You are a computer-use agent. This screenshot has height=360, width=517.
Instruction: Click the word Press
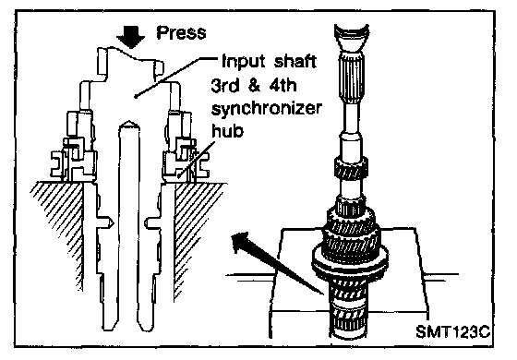(181, 32)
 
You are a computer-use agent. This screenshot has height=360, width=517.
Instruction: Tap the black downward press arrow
(130, 36)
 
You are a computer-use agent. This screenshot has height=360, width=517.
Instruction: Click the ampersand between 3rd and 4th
(253, 85)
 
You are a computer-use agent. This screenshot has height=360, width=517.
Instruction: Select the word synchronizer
(267, 109)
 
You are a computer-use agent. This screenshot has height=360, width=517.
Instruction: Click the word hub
(227, 130)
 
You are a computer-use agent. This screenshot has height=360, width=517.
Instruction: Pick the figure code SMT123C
(452, 331)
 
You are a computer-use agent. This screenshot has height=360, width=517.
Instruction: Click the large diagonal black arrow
(276, 261)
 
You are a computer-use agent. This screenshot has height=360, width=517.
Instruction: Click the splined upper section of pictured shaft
(352, 78)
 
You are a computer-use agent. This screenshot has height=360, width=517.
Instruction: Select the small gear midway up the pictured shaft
(351, 168)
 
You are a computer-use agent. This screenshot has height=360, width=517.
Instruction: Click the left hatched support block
(58, 231)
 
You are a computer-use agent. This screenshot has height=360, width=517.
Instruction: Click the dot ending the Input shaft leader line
(136, 97)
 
